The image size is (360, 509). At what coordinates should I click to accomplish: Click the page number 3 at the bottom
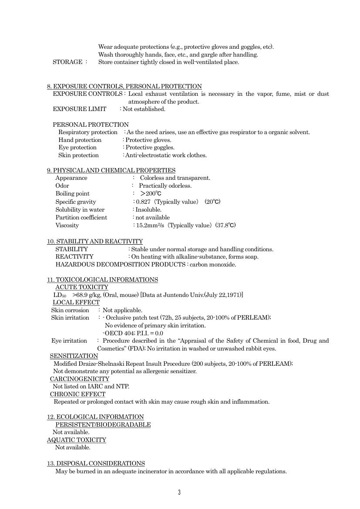click(179, 492)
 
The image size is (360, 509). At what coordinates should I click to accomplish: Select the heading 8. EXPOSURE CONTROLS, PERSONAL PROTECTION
click(124, 86)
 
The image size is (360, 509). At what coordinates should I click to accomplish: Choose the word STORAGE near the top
click(67, 62)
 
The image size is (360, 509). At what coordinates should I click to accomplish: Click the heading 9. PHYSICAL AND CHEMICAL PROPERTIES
click(111, 170)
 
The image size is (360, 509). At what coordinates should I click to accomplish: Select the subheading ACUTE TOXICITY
click(82, 287)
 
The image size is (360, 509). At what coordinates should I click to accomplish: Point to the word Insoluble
click(148, 209)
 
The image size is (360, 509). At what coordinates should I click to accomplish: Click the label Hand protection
click(80, 140)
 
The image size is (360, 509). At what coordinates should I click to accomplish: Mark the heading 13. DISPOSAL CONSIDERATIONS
click(96, 463)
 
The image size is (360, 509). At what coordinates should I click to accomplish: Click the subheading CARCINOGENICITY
click(80, 379)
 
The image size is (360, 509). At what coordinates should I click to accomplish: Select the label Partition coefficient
click(81, 217)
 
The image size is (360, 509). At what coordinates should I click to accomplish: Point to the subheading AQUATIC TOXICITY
click(77, 440)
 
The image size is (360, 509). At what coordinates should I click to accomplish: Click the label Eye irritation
click(69, 340)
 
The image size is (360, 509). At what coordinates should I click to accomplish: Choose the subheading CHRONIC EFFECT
click(77, 394)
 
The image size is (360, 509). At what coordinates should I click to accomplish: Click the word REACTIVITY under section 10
click(74, 256)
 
